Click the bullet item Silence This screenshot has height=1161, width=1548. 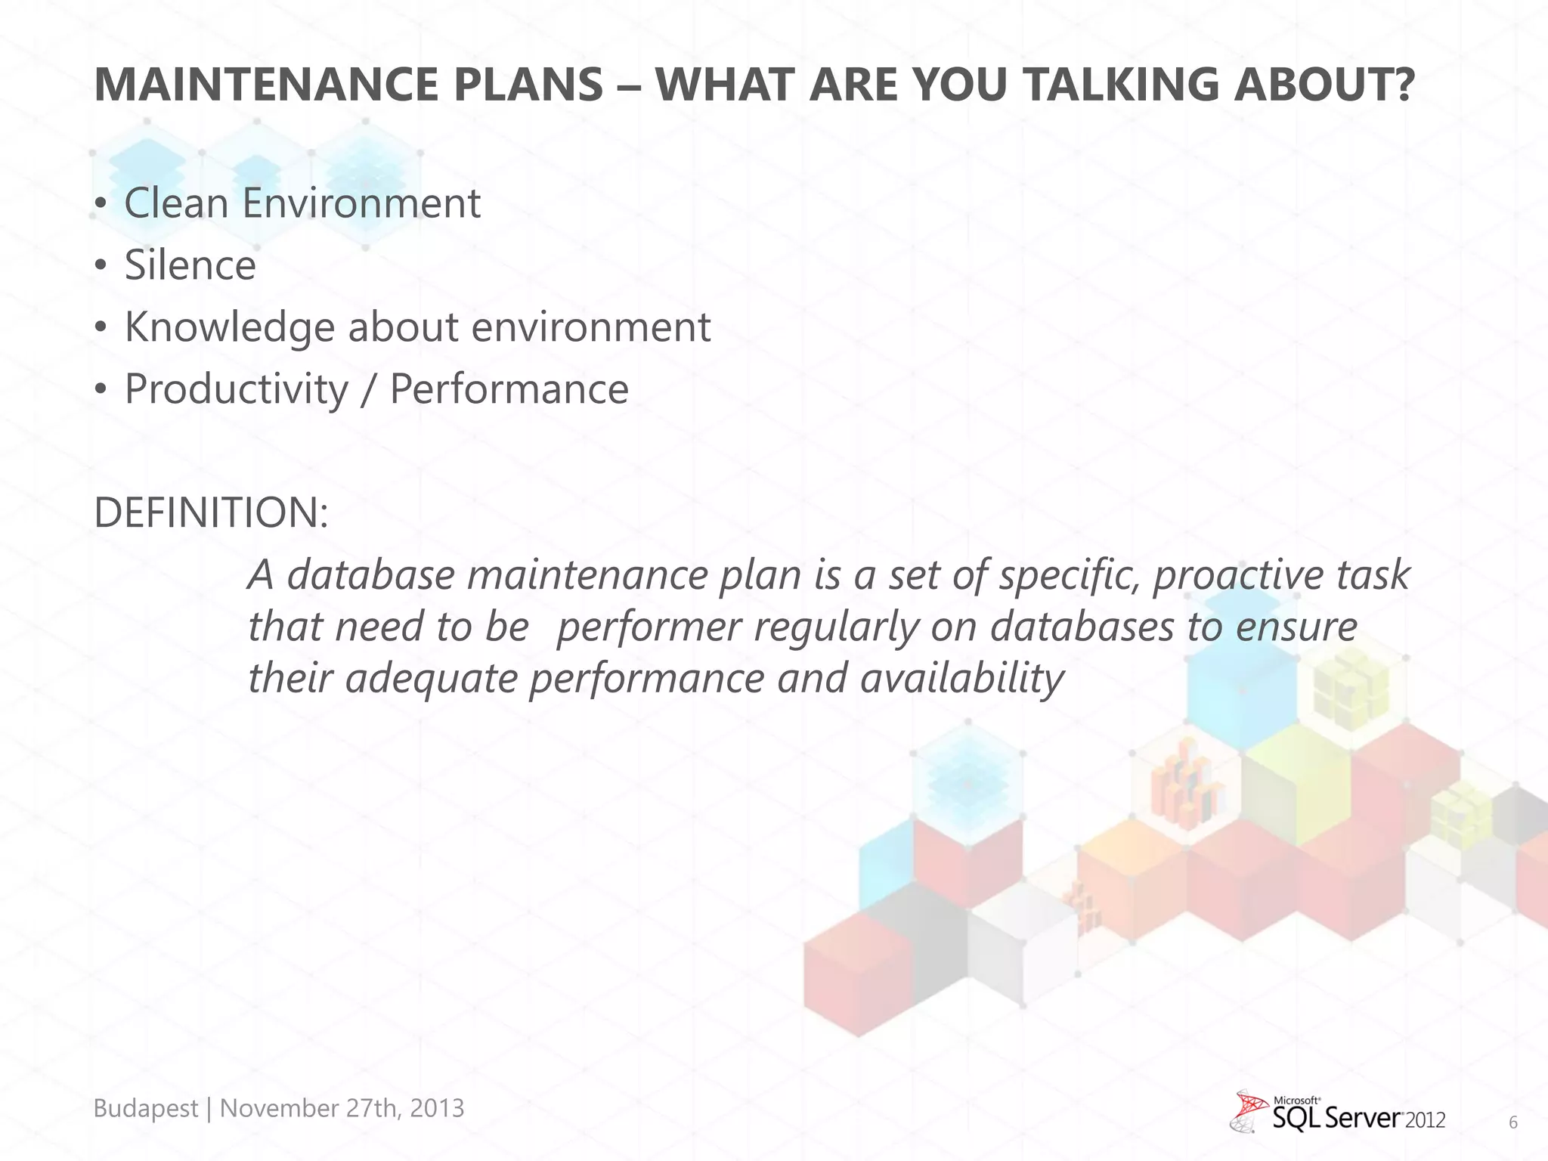[x=190, y=265]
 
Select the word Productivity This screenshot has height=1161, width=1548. [x=236, y=389]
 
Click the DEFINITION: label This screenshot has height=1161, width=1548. [x=211, y=512]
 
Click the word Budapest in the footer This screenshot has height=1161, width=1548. [x=145, y=1108]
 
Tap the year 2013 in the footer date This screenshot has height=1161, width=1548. [x=437, y=1108]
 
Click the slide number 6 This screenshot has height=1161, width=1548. [x=1512, y=1122]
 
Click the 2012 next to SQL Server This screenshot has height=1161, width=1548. [x=1426, y=1120]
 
